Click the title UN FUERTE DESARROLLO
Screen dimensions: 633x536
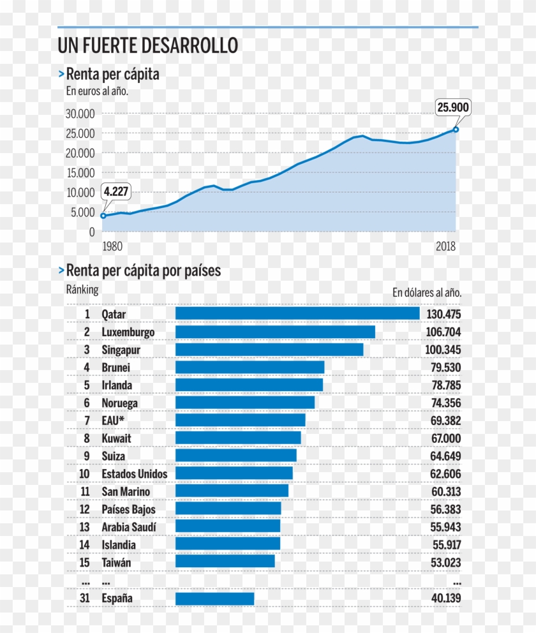pos(147,46)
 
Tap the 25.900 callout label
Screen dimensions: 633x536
pos(453,107)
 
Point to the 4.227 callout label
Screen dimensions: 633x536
pos(115,191)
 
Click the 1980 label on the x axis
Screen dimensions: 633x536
pos(112,246)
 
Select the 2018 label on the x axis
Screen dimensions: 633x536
pos(446,246)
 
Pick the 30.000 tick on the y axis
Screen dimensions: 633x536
pos(80,114)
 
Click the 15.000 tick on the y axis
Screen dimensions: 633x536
pos(80,173)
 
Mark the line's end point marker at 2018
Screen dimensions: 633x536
pos(456,130)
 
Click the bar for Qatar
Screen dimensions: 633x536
pos(297,313)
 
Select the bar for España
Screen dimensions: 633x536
pos(214,599)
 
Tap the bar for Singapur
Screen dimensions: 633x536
pos(269,350)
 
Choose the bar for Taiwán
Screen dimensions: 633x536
pos(225,561)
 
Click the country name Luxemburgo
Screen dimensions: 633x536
pos(128,332)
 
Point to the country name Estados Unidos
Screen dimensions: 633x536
pos(135,473)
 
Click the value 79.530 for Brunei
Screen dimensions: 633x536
pos(443,368)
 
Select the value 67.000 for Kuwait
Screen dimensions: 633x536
pos(443,438)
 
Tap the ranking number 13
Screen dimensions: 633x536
pos(84,526)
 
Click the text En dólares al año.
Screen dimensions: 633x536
pos(426,293)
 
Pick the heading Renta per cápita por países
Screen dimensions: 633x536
pos(143,271)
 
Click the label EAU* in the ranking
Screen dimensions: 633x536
pos(114,421)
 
